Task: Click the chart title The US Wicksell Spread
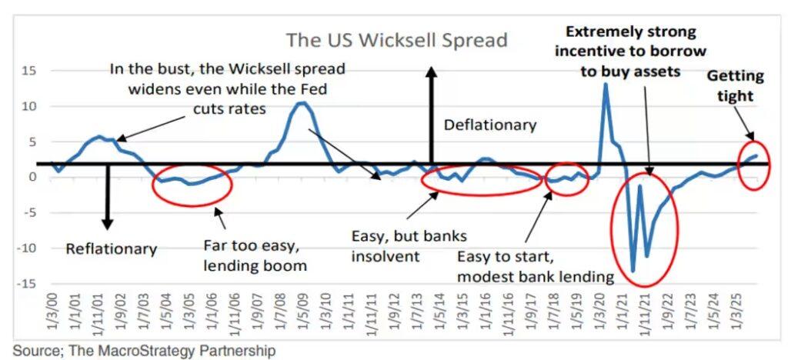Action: (x=396, y=40)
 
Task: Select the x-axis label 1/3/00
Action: (x=52, y=312)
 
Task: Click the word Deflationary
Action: (x=490, y=125)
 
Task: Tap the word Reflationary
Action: (x=112, y=248)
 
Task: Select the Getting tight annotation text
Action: (x=735, y=86)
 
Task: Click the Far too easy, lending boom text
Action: (x=255, y=255)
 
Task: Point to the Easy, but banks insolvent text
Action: (x=409, y=246)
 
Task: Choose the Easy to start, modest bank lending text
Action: (x=536, y=266)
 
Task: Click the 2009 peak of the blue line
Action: (x=301, y=103)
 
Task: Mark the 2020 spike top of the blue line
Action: (x=606, y=83)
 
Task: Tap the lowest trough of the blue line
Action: (x=633, y=271)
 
